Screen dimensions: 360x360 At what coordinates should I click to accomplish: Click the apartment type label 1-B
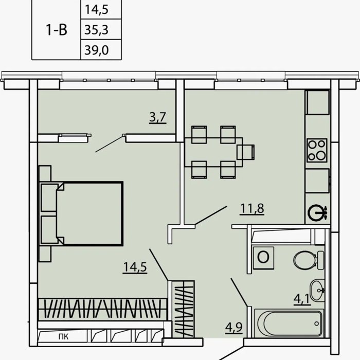click(57, 30)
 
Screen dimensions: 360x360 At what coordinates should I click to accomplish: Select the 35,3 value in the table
click(97, 30)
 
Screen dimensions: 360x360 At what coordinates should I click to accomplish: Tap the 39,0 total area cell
click(97, 50)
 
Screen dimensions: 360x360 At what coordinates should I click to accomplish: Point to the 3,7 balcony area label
click(158, 117)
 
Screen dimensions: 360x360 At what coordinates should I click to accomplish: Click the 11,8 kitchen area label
click(252, 209)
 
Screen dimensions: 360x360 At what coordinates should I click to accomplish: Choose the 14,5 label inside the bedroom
click(135, 267)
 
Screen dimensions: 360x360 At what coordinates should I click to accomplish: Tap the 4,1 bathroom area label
click(302, 299)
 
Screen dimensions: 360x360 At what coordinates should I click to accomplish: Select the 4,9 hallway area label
click(234, 327)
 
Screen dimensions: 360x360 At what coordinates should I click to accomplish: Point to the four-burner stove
click(317, 150)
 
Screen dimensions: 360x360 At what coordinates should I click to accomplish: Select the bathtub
click(289, 323)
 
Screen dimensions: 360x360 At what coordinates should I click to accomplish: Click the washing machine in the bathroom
click(263, 258)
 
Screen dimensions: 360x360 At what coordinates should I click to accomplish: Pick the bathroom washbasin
click(317, 291)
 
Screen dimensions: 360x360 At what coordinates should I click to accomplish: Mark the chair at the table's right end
click(246, 152)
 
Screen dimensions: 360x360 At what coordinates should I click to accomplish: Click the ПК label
click(63, 337)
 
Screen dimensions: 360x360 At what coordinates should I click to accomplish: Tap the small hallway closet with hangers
click(184, 309)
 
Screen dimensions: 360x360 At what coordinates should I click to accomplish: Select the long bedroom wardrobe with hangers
click(102, 309)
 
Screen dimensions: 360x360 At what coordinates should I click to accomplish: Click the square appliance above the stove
click(318, 102)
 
